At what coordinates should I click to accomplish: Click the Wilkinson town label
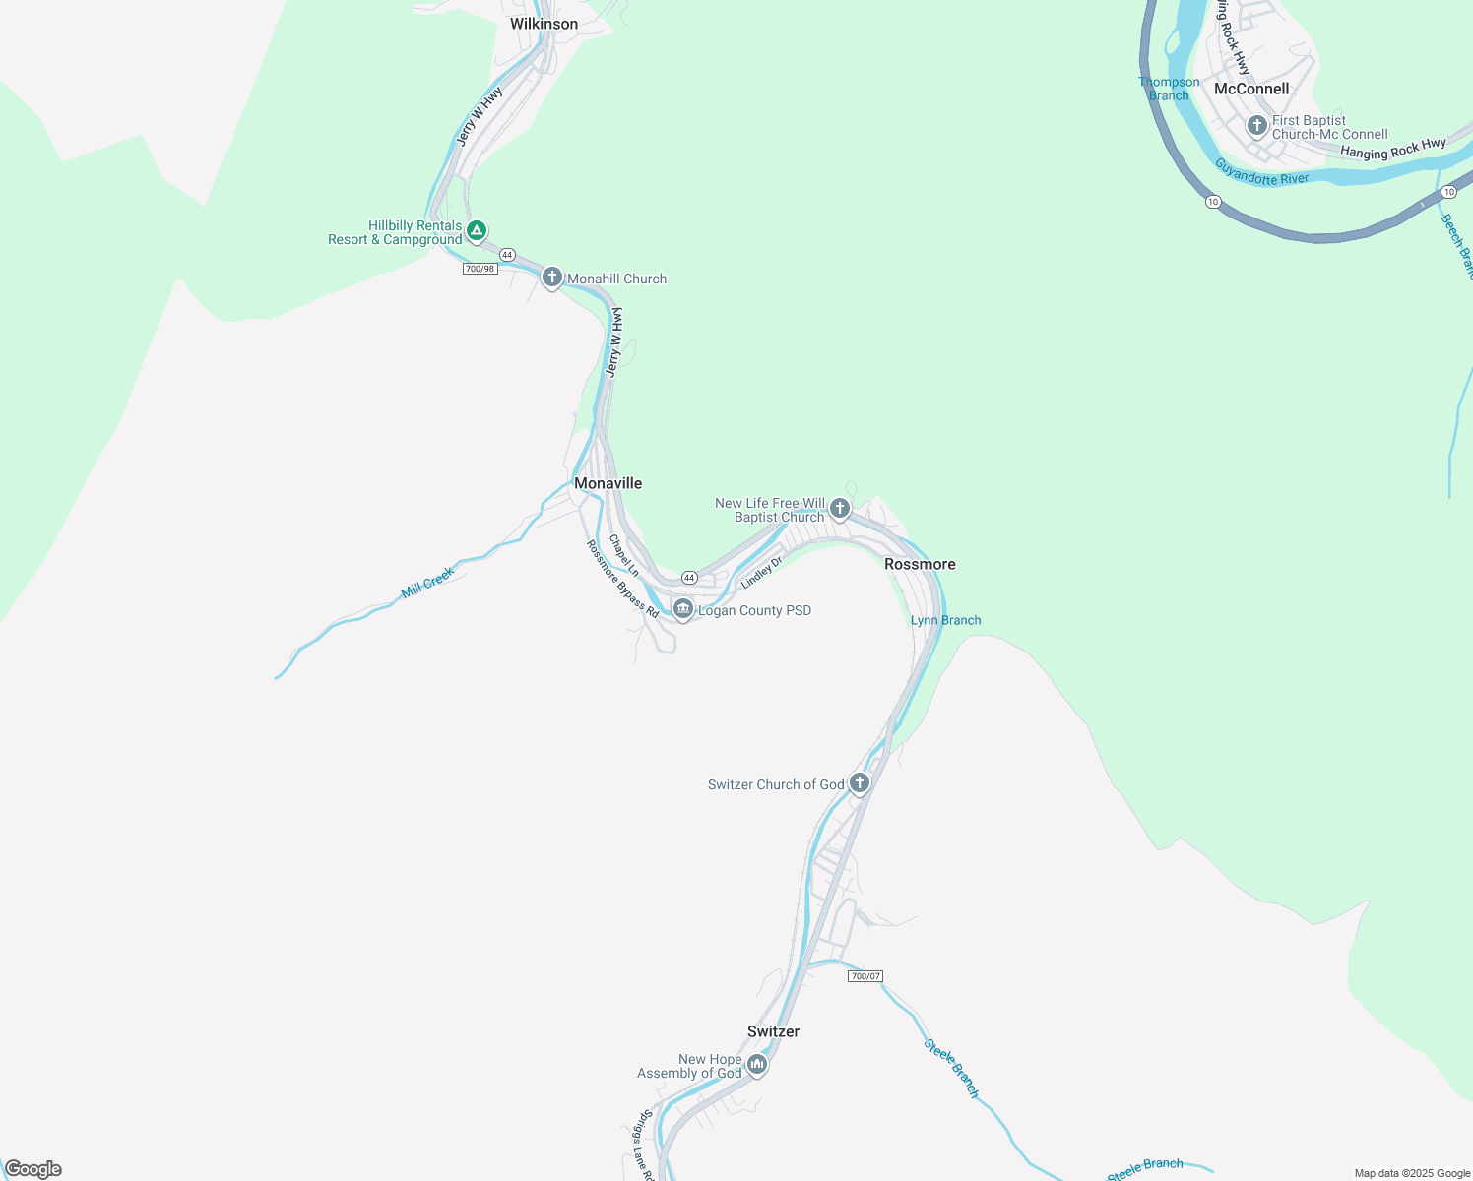point(544,24)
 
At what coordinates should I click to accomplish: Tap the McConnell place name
point(1251,89)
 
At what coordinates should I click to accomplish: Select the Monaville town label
point(608,483)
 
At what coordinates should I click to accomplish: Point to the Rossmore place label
point(920,564)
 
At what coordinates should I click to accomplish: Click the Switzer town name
point(773,1031)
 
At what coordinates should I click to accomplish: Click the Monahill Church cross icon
point(552,278)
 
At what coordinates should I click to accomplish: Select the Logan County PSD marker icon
point(683,609)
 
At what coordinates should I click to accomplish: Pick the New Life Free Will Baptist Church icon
point(840,509)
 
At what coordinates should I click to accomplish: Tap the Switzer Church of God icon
point(860,783)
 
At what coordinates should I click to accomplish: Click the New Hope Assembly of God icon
point(756,1064)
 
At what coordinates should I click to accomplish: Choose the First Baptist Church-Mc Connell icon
point(1256,126)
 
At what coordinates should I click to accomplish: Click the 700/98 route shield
point(480,269)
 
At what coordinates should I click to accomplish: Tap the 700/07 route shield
point(865,976)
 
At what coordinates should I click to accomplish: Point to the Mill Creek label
point(428,583)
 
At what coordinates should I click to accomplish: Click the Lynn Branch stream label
point(945,620)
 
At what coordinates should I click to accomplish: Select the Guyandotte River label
point(1261,173)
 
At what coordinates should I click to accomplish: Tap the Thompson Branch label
point(1169,89)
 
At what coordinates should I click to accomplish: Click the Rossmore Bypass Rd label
point(622,579)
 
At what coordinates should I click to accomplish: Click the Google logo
point(33,1169)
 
